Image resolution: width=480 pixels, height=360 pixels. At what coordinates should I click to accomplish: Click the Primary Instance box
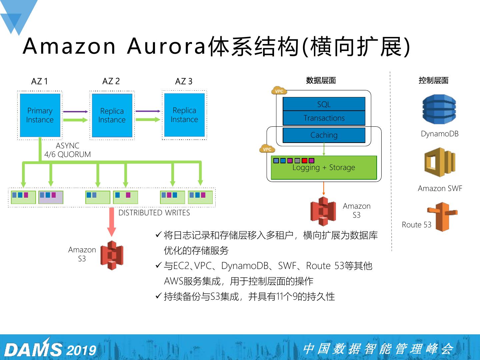tap(40, 115)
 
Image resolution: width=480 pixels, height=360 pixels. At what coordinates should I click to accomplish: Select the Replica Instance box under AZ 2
tap(112, 115)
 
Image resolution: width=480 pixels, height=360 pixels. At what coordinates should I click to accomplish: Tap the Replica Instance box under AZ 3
tap(184, 115)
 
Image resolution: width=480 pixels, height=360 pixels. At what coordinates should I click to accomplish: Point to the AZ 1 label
tap(39, 81)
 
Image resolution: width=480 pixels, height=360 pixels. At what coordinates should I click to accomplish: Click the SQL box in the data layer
tap(324, 104)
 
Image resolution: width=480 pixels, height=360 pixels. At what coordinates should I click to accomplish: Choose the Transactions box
tap(324, 118)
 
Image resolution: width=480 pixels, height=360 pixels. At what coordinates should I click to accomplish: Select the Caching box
tap(324, 135)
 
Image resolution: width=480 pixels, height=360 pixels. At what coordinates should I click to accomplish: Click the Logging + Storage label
tap(324, 168)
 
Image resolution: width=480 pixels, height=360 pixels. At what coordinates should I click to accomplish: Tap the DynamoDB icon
tap(439, 109)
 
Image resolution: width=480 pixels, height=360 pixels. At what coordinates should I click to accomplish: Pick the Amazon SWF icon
tap(439, 162)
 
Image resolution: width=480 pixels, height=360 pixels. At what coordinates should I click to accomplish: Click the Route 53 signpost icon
tap(442, 216)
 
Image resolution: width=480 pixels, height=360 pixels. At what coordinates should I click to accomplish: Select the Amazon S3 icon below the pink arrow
tap(112, 255)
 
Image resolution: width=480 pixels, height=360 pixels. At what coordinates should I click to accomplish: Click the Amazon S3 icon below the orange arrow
tap(323, 211)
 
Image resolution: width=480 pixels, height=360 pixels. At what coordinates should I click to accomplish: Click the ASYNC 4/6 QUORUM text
tap(68, 150)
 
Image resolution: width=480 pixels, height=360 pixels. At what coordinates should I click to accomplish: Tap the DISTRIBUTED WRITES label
tap(154, 213)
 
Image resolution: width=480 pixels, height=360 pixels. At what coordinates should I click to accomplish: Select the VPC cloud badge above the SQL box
tap(279, 91)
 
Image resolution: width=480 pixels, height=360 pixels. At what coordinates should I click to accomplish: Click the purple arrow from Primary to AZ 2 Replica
tap(75, 112)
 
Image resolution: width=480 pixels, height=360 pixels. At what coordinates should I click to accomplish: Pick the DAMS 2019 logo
tap(50, 349)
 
